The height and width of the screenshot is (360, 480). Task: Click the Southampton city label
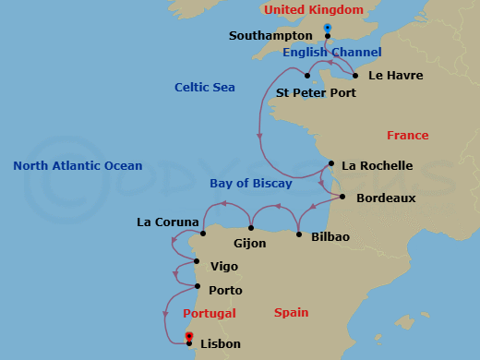click(x=270, y=36)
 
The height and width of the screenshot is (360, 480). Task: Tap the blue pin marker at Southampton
click(x=328, y=29)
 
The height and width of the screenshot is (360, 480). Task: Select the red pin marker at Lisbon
click(x=189, y=336)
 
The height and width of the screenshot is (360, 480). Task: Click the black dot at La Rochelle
click(x=330, y=166)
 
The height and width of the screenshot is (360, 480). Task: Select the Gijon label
click(x=250, y=244)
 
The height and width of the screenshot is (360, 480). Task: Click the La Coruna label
click(x=167, y=222)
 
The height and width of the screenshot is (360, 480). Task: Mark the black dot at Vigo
click(x=197, y=261)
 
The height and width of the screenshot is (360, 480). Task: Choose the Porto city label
click(x=225, y=290)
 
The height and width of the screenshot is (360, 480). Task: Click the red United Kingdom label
click(x=314, y=10)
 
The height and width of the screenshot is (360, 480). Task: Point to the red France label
click(x=407, y=135)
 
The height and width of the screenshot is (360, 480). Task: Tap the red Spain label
click(x=291, y=313)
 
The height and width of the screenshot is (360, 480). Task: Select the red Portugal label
click(x=210, y=313)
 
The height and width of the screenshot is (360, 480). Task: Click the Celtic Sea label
click(x=205, y=88)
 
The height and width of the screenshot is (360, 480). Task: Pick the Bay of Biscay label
click(x=250, y=184)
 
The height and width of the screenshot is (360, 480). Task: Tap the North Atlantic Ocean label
click(x=78, y=166)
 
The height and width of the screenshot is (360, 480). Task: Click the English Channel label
click(x=331, y=53)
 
